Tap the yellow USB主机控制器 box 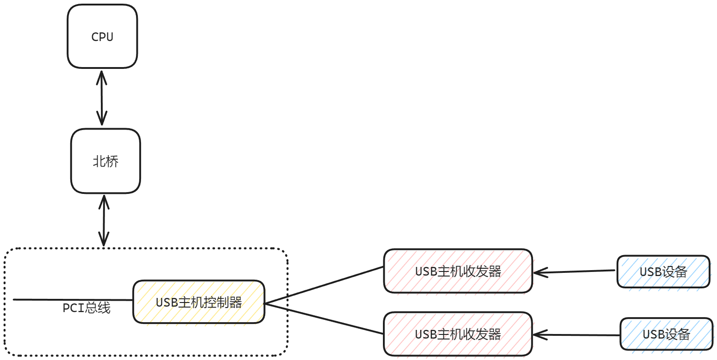pyautogui.click(x=199, y=315)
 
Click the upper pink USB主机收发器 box pyautogui.click(x=458, y=283)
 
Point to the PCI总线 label pyautogui.click(x=86, y=308)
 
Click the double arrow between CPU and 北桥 pyautogui.click(x=102, y=98)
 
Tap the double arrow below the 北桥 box pyautogui.click(x=104, y=221)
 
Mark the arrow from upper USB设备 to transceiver pyautogui.click(x=575, y=271)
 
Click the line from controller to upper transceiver pyautogui.click(x=324, y=285)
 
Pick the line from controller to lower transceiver pyautogui.click(x=324, y=319)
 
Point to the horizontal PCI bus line pyautogui.click(x=46, y=300)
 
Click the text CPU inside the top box pyautogui.click(x=102, y=37)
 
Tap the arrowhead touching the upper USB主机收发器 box pyautogui.click(x=539, y=273)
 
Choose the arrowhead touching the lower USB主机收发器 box pyautogui.click(x=539, y=335)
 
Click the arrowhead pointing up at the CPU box pyautogui.click(x=101, y=75)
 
